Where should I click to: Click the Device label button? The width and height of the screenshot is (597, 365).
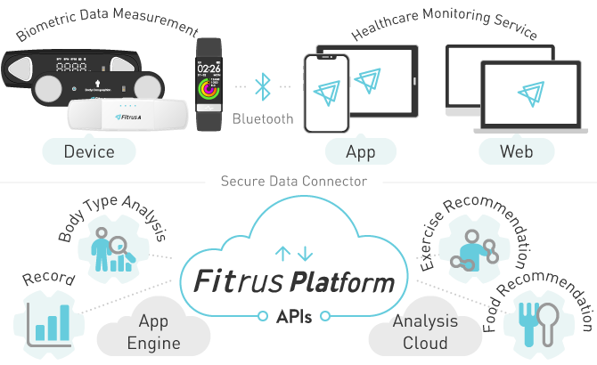89,151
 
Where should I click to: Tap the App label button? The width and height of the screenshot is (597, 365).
360,151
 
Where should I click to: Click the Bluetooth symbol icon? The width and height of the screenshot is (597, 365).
262,87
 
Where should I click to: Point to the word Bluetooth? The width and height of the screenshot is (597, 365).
262,118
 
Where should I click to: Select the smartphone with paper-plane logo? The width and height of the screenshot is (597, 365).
323,95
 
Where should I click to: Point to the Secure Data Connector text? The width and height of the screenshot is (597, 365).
293,182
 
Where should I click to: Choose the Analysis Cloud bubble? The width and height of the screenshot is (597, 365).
425,332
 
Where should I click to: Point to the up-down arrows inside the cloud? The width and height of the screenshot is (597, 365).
294,254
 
